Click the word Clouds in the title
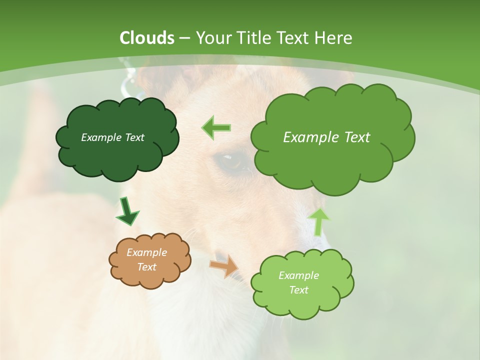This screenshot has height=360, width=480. coord(147,38)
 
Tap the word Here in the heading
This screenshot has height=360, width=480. coord(333,38)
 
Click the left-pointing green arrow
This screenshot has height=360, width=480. coord(216,128)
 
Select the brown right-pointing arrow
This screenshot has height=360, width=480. coord(224,265)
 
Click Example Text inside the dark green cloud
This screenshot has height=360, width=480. coord(112,137)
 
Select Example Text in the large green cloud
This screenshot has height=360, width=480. coord(326,137)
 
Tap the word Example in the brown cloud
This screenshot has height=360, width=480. coord(146,252)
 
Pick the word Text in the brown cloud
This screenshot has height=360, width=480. coord(146,267)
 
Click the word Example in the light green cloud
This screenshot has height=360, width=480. coord(298,275)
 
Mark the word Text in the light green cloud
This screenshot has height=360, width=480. coord(298,290)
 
